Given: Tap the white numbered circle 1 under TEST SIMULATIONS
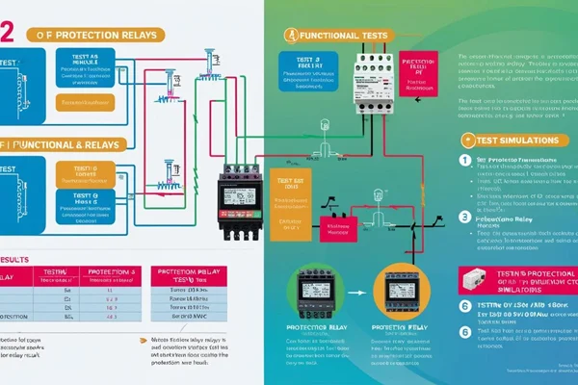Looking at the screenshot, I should tap(463, 160).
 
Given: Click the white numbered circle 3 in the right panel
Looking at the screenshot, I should tap(463, 218).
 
